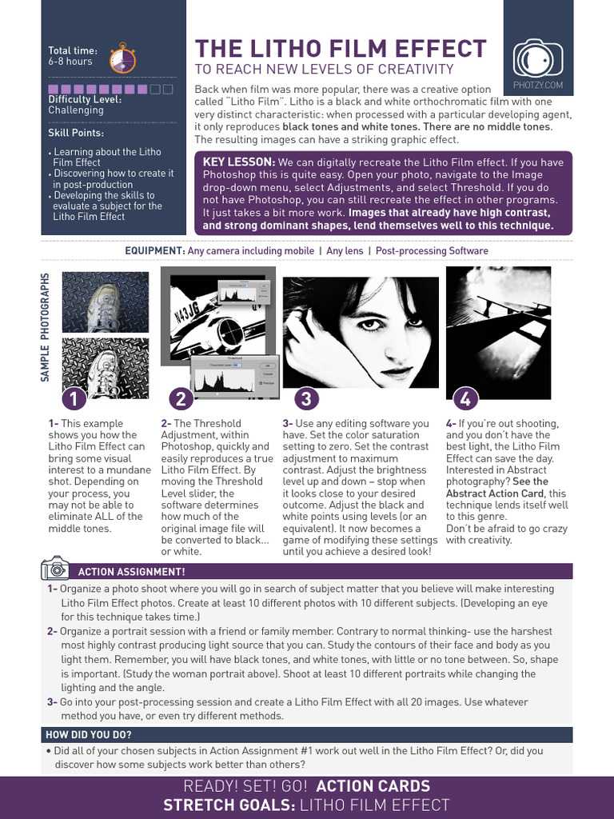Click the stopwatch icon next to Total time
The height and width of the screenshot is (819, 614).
click(x=122, y=57)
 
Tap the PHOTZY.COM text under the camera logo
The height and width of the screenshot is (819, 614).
click(x=537, y=85)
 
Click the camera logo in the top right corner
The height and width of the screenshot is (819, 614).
click(x=537, y=57)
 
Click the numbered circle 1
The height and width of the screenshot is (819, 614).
click(x=74, y=398)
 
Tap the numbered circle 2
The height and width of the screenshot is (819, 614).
click(x=181, y=398)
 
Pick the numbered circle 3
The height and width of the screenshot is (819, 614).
click(x=306, y=398)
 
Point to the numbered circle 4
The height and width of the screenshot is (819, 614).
click(x=465, y=398)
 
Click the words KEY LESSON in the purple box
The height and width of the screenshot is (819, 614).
click(x=239, y=162)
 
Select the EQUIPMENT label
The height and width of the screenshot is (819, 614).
click(x=154, y=250)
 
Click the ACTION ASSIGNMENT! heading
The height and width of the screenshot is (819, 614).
click(x=131, y=572)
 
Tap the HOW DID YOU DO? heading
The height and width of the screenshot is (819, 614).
click(x=89, y=735)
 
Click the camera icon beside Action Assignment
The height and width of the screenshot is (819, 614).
click(x=55, y=569)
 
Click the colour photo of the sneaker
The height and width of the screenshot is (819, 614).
click(x=106, y=302)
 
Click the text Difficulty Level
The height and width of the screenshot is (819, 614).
click(x=85, y=99)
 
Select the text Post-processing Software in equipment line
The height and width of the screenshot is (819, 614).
click(x=432, y=250)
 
